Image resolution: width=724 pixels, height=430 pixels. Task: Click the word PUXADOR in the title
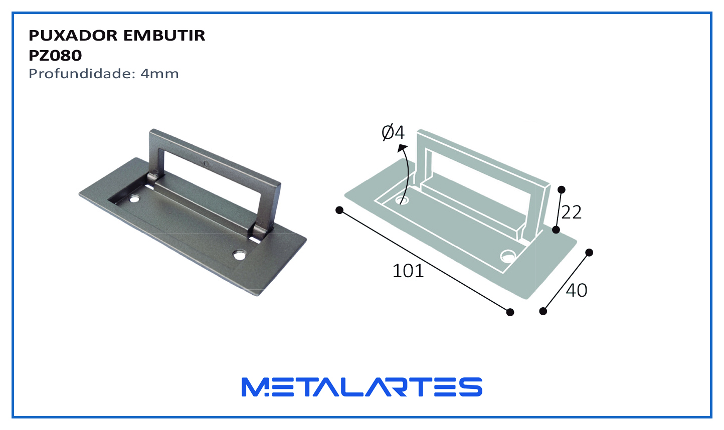73,35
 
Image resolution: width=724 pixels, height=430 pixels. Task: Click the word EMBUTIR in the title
164,35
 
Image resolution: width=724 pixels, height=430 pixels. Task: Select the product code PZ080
55,56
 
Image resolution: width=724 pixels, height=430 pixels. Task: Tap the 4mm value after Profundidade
159,74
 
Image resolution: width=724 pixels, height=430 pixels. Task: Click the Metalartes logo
362,387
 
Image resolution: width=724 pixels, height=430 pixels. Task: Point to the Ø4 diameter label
393,132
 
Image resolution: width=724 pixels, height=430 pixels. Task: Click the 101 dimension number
408,271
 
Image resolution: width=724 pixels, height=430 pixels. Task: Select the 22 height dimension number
572,212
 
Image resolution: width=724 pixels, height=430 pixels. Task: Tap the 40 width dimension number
577,290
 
